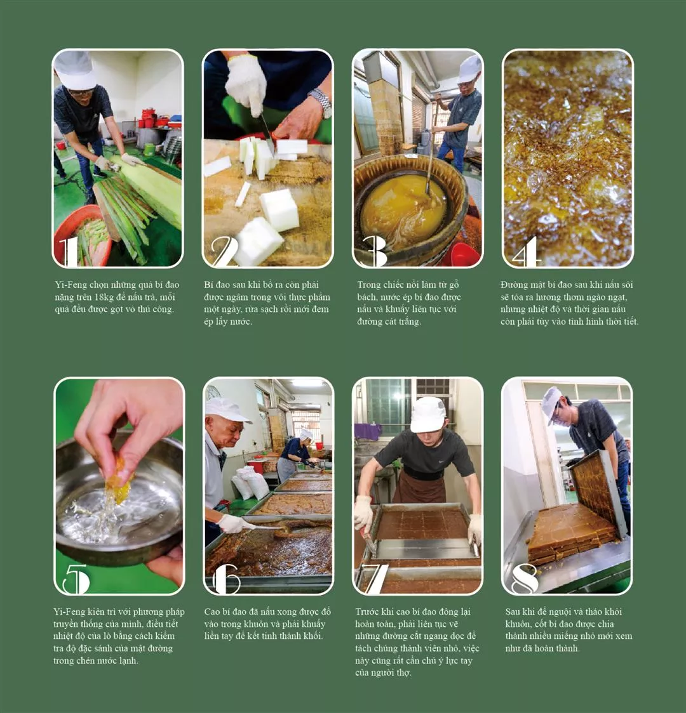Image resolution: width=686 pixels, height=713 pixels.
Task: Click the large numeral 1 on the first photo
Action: coord(69,251)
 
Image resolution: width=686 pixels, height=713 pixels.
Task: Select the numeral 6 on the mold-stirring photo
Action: coord(225,579)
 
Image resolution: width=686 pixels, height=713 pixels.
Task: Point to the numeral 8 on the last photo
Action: coord(525,579)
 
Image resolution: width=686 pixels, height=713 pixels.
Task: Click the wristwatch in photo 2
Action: coord(321,102)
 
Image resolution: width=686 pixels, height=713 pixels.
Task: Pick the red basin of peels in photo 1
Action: coord(83,237)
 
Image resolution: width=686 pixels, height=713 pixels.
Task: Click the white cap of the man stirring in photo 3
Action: coord(470,69)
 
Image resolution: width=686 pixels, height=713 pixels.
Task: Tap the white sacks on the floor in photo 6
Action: coord(250,483)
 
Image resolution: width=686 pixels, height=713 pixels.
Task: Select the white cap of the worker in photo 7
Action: coord(427,415)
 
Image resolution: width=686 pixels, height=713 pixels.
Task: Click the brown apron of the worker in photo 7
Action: coord(419,487)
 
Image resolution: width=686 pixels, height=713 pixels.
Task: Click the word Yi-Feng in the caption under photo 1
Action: coord(71,285)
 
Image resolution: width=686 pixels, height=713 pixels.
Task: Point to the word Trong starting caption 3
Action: coord(368,285)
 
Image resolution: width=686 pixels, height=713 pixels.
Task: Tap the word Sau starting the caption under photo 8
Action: coord(513,612)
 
